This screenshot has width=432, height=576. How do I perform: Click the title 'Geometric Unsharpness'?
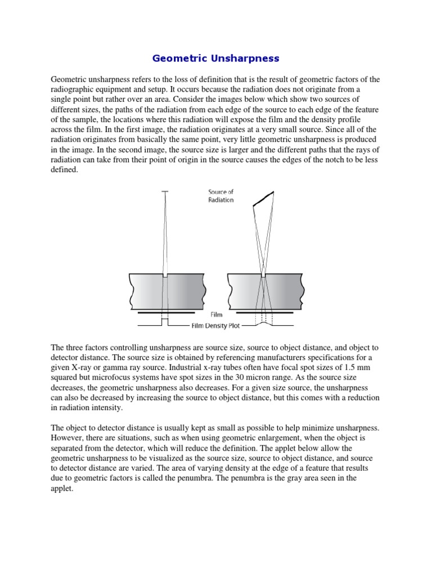point(216,58)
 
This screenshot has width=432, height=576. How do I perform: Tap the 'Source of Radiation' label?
point(221,196)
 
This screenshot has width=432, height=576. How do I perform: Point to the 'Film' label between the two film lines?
point(216,315)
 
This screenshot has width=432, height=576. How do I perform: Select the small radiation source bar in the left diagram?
point(165,192)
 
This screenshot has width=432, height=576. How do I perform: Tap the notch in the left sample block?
point(165,276)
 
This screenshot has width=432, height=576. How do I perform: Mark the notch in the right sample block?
point(263,276)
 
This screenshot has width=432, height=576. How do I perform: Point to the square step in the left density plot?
point(165,321)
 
